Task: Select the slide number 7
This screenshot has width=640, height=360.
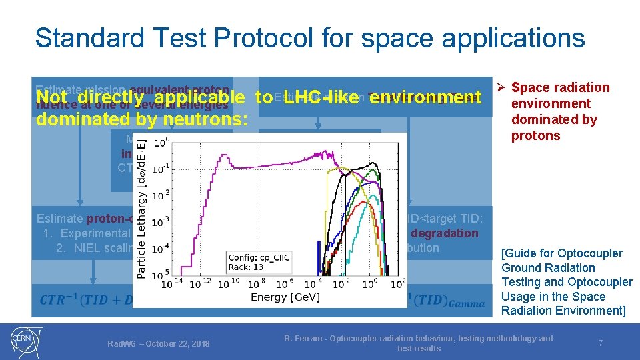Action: click(x=600, y=343)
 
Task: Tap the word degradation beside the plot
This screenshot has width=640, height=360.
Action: click(x=444, y=233)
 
